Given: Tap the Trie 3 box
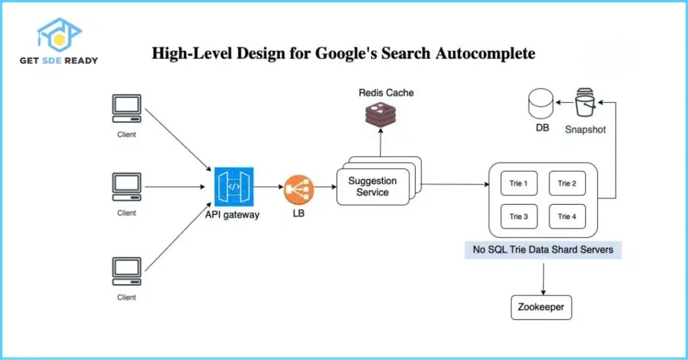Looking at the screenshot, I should [x=519, y=216].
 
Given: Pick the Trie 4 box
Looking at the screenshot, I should [x=567, y=216].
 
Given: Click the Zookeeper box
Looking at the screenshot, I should [x=542, y=308].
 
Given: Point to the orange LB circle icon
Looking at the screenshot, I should [x=298, y=190].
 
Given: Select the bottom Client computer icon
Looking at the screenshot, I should [x=126, y=271].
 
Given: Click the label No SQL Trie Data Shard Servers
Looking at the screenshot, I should [x=543, y=250].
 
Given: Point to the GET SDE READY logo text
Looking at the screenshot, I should [x=67, y=60].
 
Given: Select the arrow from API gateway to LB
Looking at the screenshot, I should [x=269, y=189].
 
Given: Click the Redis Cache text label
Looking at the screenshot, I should [x=386, y=91].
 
